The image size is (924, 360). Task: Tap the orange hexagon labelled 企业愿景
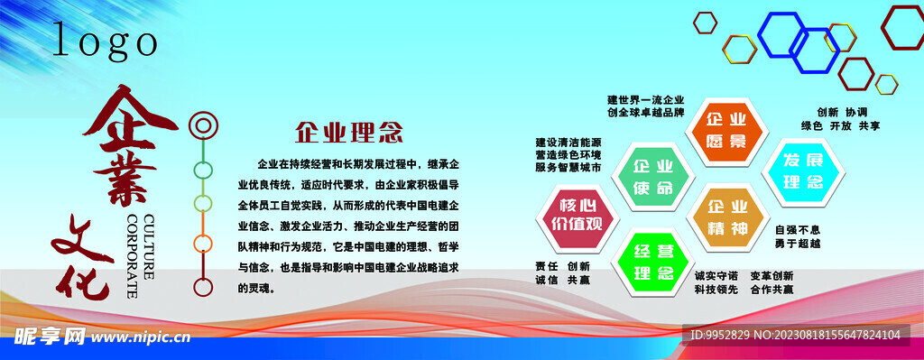tap(725, 130)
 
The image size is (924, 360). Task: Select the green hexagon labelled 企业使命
tap(653, 177)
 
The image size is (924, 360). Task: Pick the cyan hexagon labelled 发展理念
tap(802, 171)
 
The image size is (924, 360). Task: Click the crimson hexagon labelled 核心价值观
tap(581, 215)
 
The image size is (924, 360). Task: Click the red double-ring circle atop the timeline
tap(203, 125)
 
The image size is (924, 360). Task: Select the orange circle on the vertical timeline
tap(203, 243)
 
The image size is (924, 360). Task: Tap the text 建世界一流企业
tap(646, 99)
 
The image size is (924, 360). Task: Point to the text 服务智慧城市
tap(568, 168)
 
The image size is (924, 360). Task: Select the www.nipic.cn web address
tap(139, 337)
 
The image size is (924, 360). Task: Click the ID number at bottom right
tap(795, 336)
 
